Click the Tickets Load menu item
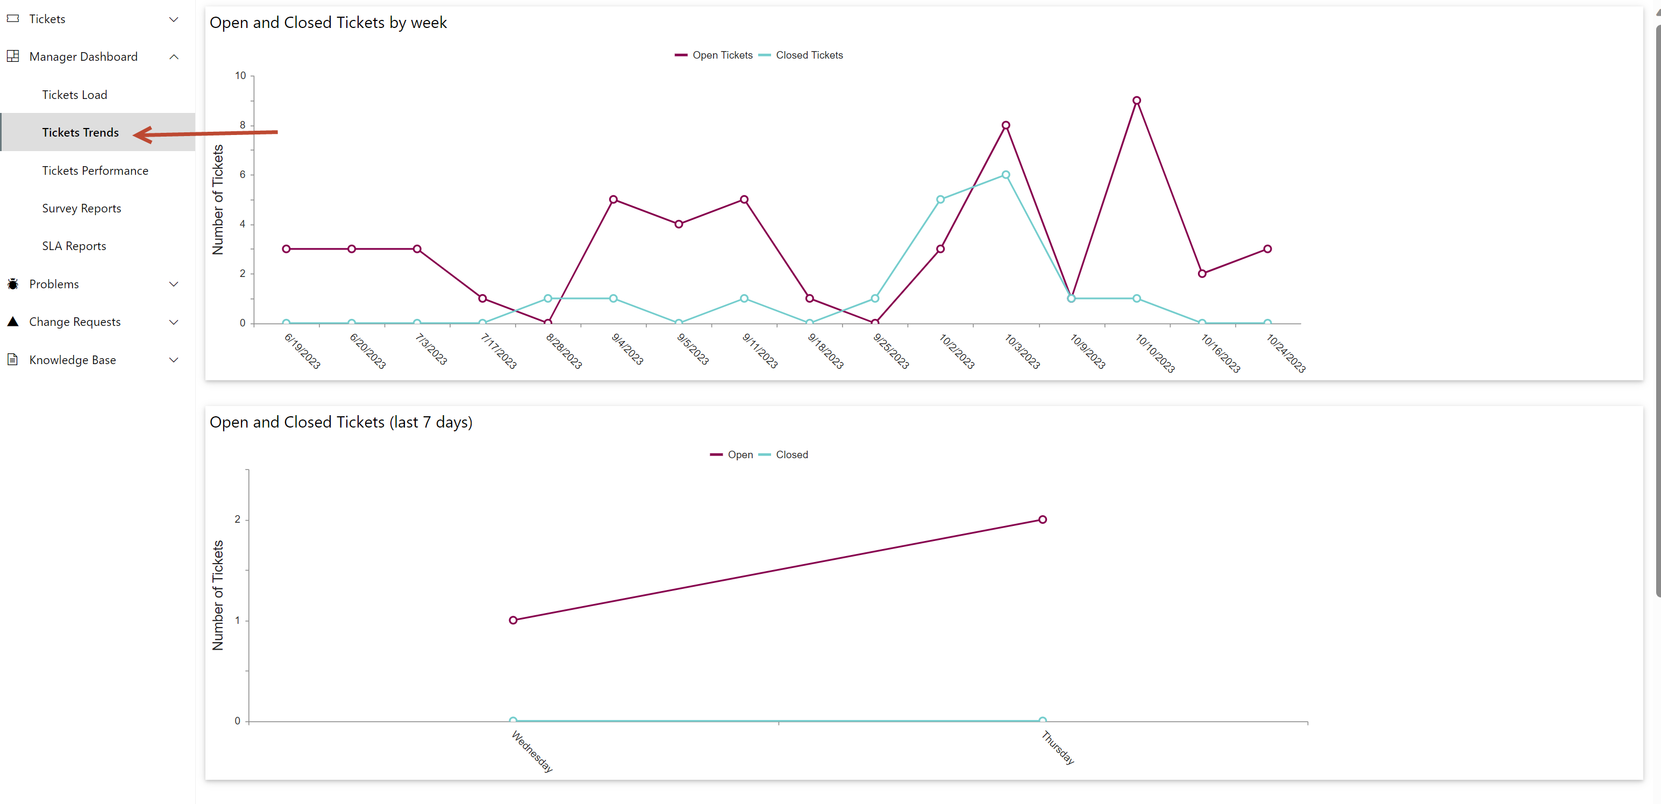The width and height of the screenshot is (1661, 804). (74, 95)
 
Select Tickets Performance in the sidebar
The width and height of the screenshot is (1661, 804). (95, 170)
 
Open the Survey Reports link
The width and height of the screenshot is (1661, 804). (81, 208)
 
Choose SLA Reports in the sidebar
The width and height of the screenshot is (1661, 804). (74, 246)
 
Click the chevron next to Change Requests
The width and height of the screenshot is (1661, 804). (174, 322)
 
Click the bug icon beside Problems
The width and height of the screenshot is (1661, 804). (13, 284)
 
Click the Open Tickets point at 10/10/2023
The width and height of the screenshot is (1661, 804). (1136, 101)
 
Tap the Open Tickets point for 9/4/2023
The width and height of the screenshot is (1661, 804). (613, 199)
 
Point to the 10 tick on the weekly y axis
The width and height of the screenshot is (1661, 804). (240, 75)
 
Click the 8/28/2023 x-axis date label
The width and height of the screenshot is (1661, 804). (564, 351)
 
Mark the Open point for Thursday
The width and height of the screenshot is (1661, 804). (1042, 519)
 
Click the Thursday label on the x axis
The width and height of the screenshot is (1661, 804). (1058, 747)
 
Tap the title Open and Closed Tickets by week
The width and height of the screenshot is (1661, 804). (327, 23)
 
